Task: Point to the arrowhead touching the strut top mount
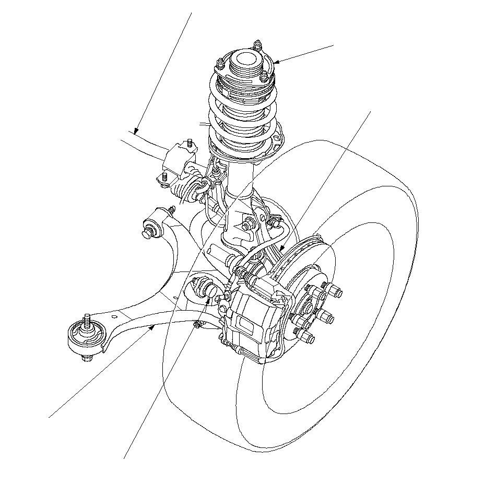pos(275,62)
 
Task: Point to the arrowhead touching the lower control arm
pos(152,327)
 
